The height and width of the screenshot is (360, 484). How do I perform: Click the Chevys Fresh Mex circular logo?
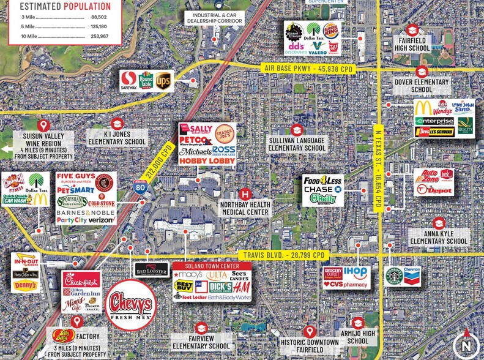(x=130, y=304)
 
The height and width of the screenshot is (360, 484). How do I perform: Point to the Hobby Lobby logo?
(x=207, y=160)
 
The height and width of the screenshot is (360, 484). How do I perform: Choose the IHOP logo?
(x=356, y=272)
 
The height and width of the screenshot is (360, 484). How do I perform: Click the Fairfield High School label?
(x=411, y=44)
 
